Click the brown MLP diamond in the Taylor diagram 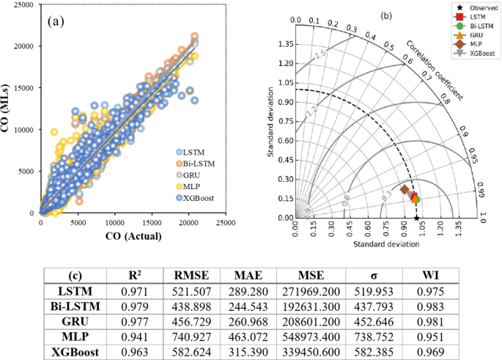click(x=404, y=190)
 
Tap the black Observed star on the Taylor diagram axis click(x=416, y=218)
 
